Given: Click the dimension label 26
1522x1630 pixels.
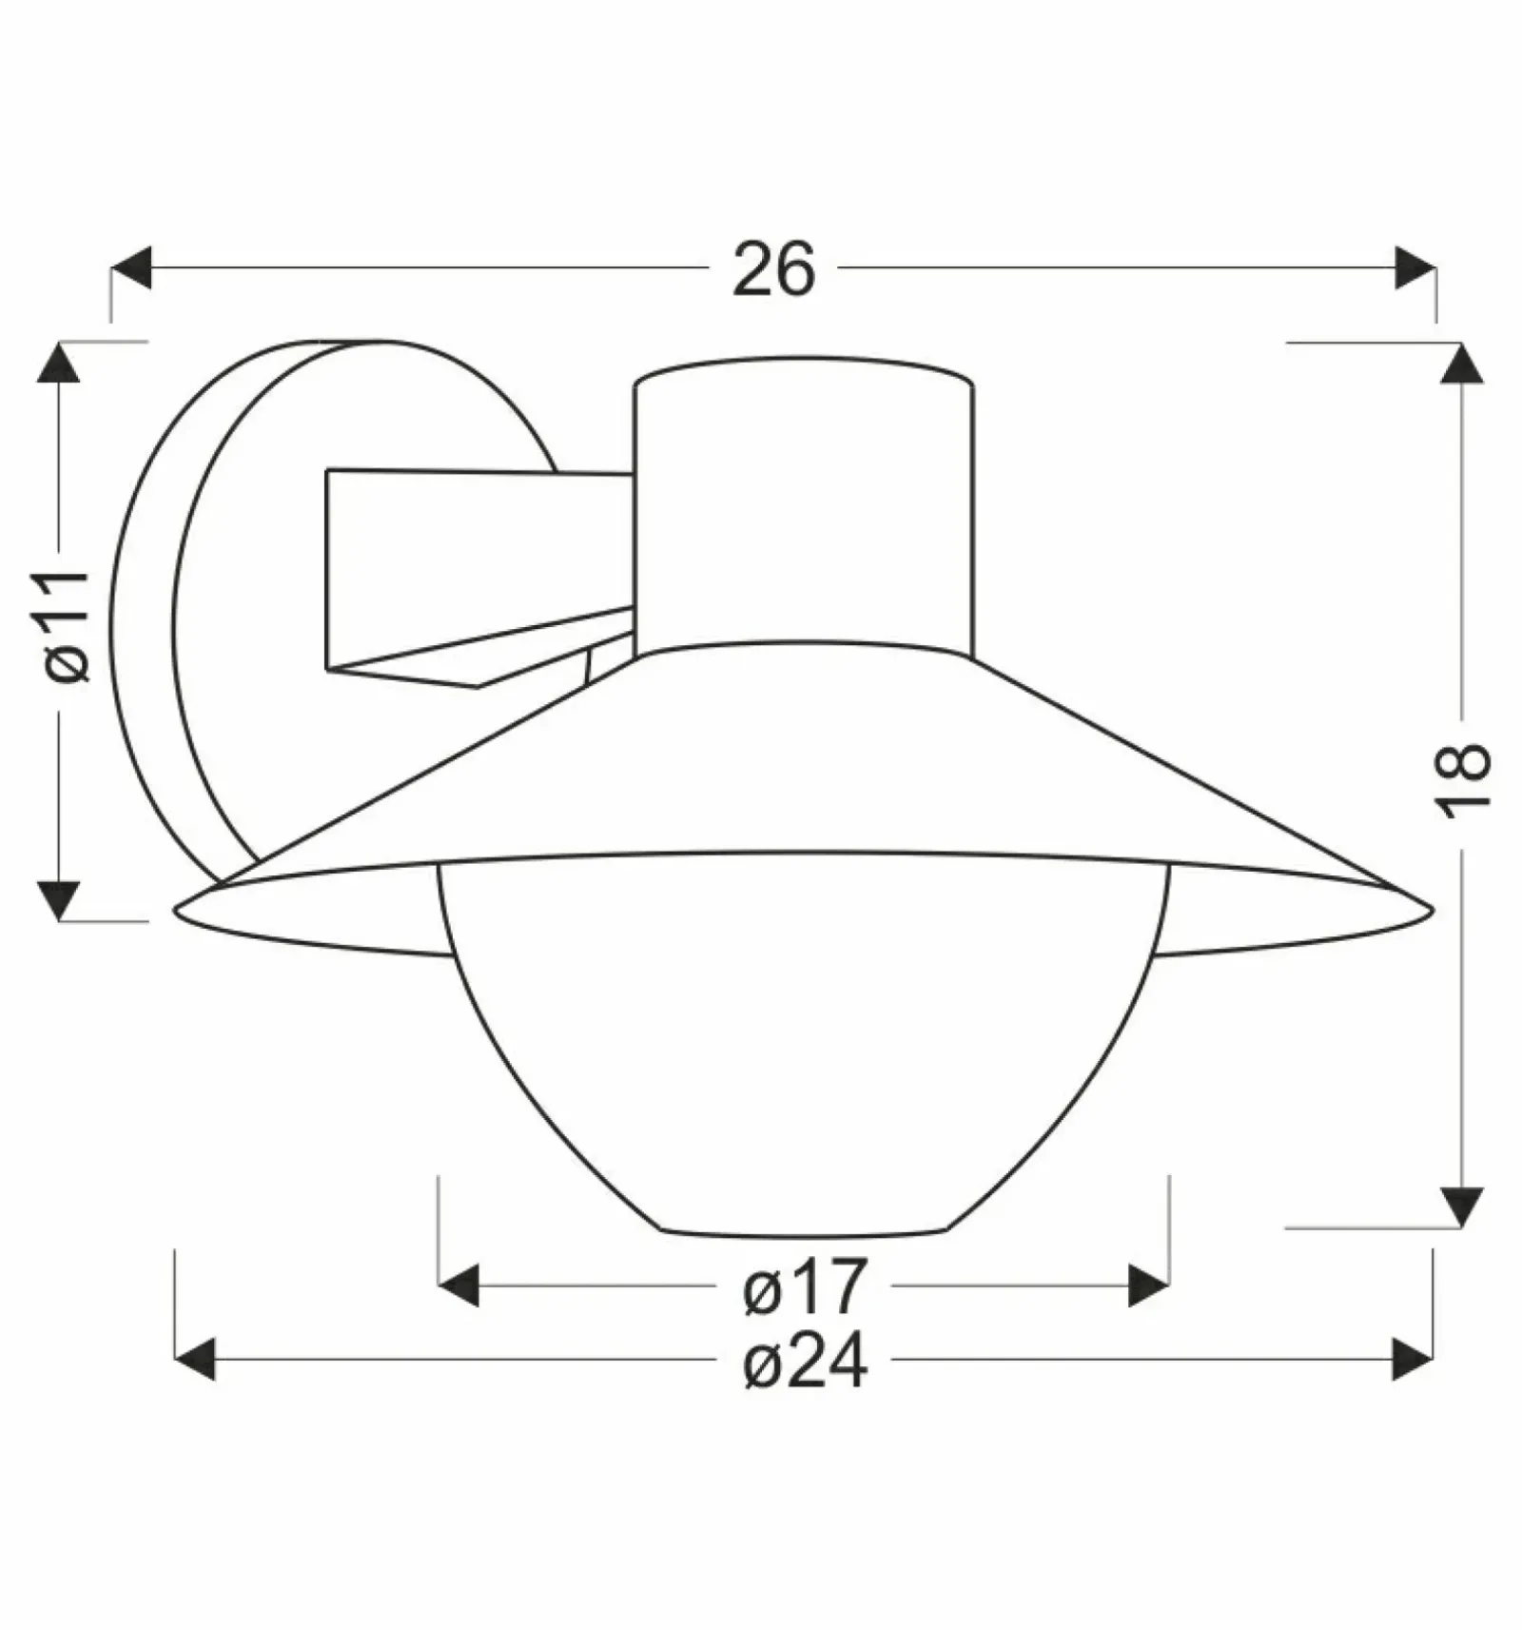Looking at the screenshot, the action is tap(773, 269).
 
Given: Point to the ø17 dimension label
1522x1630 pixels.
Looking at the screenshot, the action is tap(805, 1286).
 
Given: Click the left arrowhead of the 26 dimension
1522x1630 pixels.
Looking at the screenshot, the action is tap(131, 267).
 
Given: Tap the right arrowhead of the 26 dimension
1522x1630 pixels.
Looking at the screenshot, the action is tap(1415, 267).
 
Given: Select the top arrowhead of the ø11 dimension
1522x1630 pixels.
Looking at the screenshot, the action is tap(58, 362).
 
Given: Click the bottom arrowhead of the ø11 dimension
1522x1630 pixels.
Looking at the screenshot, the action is tap(58, 900).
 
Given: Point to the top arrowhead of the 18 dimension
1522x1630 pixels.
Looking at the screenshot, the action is tap(1462, 363).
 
